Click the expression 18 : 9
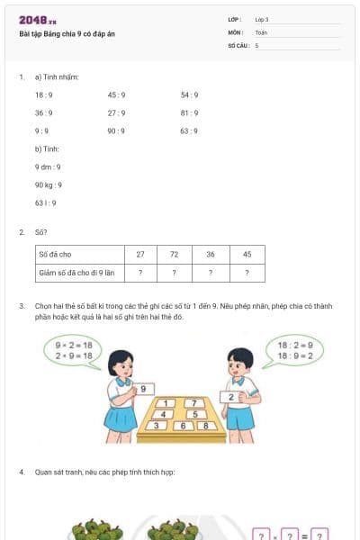pos(43,94)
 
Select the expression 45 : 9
pos(116,94)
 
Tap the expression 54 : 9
pos(189,94)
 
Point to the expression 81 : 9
pos(189,112)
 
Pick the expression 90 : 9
pos(116,130)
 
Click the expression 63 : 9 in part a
pos(189,130)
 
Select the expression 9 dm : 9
pos(48,166)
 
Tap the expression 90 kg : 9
pos(49,184)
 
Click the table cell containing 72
pos(174,255)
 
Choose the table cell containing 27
pos(139,255)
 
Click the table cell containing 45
pos(247,255)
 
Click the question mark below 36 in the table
pos(210,272)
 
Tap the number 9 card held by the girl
pos(146,389)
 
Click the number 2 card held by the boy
pos(232,396)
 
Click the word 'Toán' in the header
pos(261,31)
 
